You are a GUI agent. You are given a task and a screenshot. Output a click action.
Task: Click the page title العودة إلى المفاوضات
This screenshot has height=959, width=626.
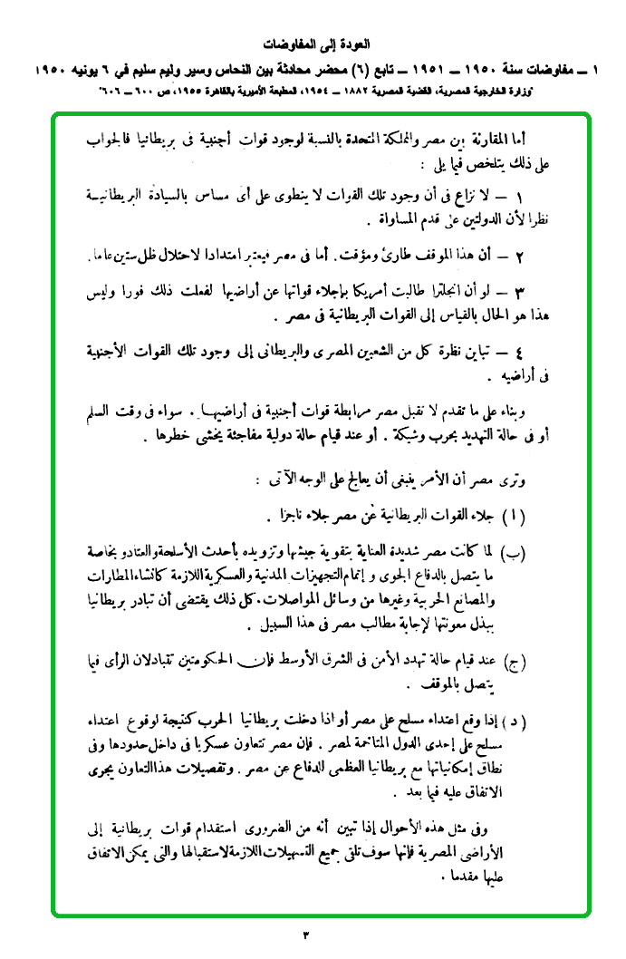(313, 44)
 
